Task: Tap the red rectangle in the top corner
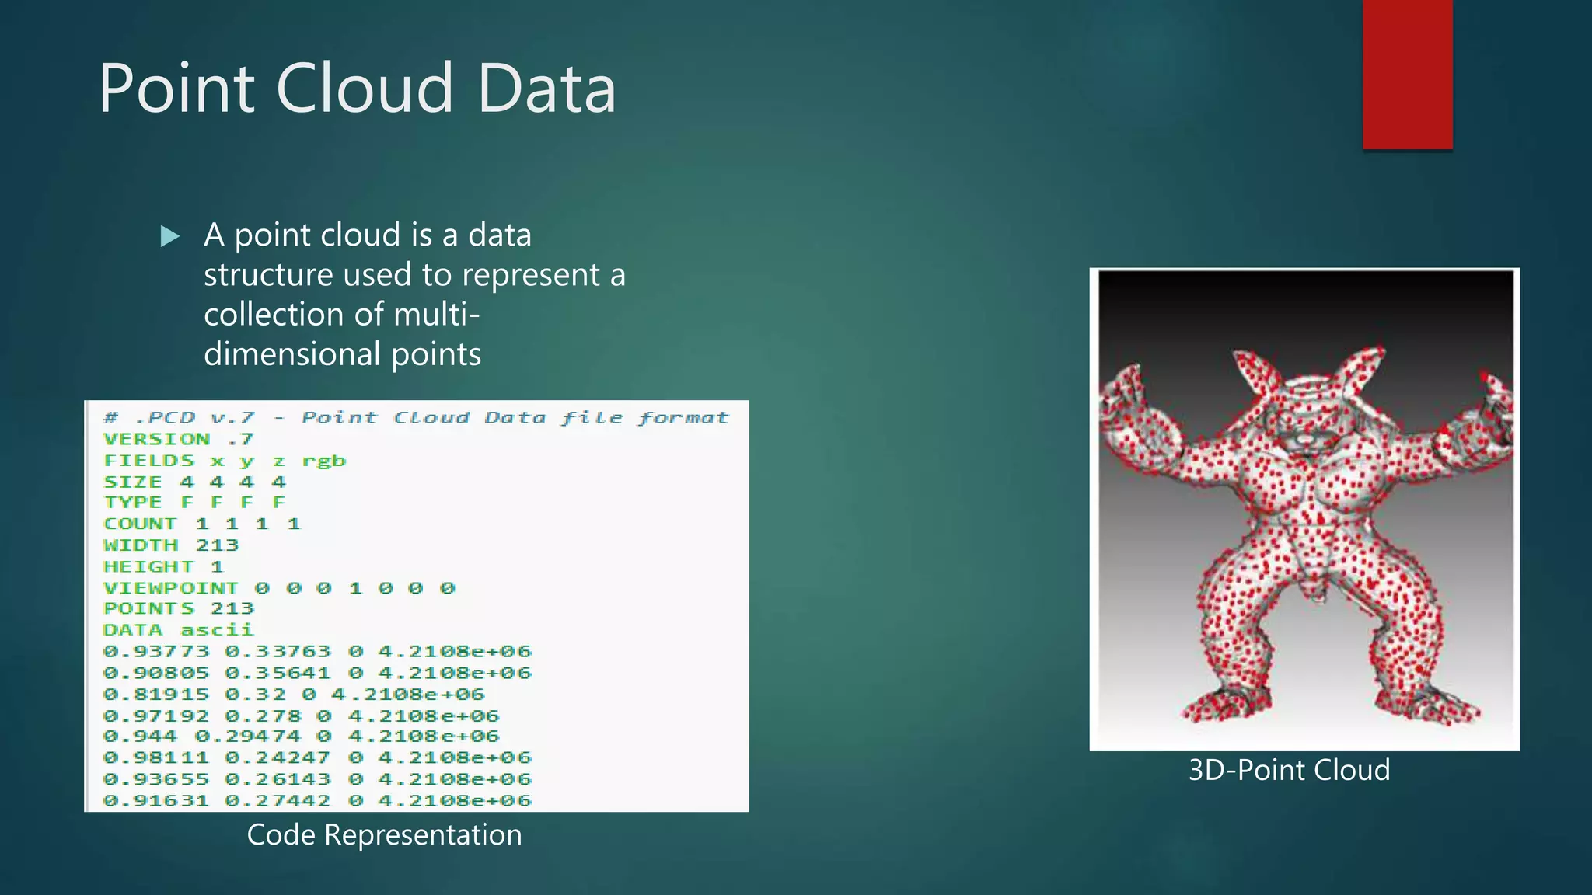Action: click(x=1407, y=74)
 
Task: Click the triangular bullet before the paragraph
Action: click(x=169, y=236)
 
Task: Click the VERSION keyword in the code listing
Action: click(x=156, y=440)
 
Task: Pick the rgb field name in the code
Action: click(x=323, y=461)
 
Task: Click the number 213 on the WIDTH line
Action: click(x=217, y=545)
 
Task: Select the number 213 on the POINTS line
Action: click(x=232, y=608)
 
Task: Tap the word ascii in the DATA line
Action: click(x=217, y=630)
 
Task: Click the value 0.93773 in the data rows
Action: click(x=156, y=651)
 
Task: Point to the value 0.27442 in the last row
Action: click(x=278, y=800)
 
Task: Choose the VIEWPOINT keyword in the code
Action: click(x=171, y=588)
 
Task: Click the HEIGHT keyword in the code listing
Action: click(x=148, y=567)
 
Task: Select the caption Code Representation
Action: click(x=384, y=835)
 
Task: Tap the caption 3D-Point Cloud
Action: click(x=1289, y=770)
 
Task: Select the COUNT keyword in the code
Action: click(x=141, y=524)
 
